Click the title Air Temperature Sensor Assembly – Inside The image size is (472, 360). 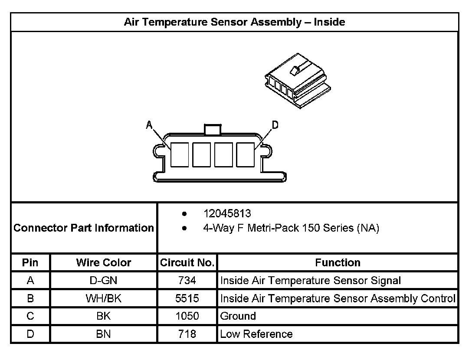234,22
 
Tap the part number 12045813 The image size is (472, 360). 227,214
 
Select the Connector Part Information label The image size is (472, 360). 84,228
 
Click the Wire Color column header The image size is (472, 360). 104,262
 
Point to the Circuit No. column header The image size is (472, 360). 187,262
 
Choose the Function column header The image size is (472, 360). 338,262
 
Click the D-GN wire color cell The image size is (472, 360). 104,281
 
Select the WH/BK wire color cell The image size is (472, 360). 104,298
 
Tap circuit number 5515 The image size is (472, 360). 187,298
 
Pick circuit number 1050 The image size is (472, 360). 187,316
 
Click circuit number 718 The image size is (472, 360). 187,334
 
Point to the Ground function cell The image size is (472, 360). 238,316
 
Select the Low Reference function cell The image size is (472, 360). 256,334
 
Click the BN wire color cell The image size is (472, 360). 104,334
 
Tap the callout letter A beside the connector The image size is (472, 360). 149,125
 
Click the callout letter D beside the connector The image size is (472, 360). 275,125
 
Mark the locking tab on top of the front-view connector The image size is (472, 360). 212,129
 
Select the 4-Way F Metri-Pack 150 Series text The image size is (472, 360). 291,228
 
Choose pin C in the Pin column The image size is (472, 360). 30,316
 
